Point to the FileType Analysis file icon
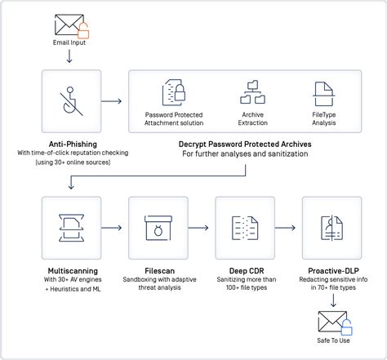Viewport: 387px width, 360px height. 322,93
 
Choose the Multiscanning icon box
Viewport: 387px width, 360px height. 70,226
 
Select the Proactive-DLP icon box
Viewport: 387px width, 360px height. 331,226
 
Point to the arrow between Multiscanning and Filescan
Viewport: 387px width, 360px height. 114,226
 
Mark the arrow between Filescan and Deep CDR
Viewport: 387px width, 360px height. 201,226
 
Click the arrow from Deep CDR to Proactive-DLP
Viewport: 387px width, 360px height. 288,226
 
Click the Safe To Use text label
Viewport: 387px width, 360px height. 331,341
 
